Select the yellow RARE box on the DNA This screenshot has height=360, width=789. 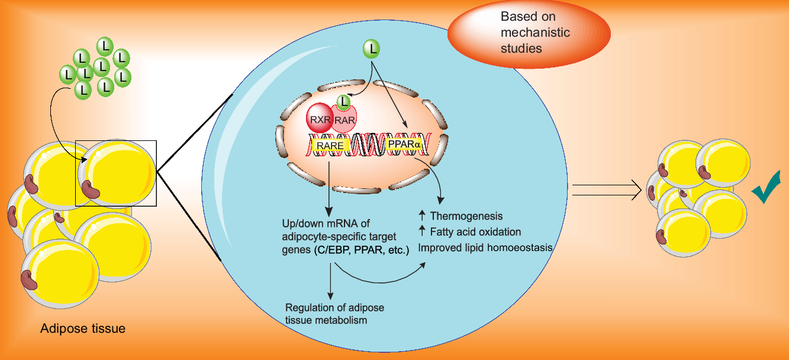[x=329, y=144]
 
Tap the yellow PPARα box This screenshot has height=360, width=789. [x=404, y=144]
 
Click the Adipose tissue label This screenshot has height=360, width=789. [x=83, y=328]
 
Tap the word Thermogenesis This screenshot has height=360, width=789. [x=466, y=216]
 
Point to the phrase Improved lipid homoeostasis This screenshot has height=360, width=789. [x=485, y=247]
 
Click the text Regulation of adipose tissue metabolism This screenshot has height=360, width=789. [x=334, y=314]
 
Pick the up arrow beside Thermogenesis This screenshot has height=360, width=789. [x=422, y=216]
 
